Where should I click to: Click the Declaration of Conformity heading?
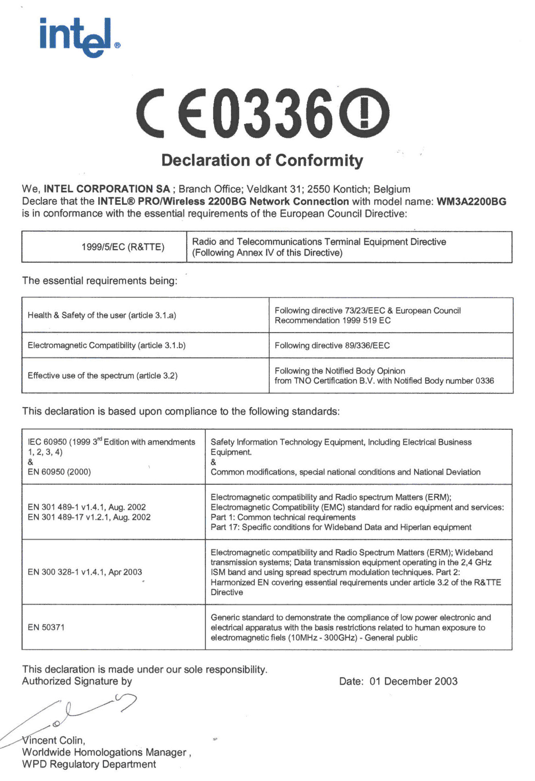click(x=262, y=160)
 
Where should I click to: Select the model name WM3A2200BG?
click(x=471, y=201)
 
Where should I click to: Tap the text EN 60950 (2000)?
click(x=59, y=472)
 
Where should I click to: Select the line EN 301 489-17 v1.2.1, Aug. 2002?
click(x=89, y=517)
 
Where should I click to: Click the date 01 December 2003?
click(x=413, y=681)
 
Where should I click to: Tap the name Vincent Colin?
click(x=54, y=740)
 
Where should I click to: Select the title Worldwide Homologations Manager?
click(x=104, y=752)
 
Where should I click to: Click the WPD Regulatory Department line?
click(x=89, y=764)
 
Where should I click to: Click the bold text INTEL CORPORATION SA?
click(x=107, y=189)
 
